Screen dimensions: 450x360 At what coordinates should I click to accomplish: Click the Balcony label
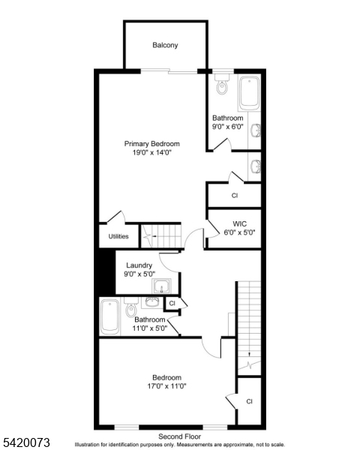[x=165, y=45]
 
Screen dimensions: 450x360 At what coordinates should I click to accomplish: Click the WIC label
[x=240, y=223]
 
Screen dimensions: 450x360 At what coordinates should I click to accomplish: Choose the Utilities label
[x=118, y=236]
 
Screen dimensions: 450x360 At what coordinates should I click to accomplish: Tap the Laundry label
[x=139, y=265]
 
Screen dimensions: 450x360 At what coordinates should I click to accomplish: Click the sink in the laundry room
[x=162, y=287]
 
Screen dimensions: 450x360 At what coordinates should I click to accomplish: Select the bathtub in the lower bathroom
[x=109, y=318]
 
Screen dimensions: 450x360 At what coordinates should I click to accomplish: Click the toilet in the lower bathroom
[x=132, y=310]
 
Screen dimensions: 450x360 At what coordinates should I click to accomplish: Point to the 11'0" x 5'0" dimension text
[x=150, y=328]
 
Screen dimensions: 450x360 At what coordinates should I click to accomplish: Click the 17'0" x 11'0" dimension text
[x=166, y=386]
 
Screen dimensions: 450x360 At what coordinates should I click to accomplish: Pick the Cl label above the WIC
[x=235, y=195]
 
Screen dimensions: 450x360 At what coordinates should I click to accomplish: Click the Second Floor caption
[x=179, y=436]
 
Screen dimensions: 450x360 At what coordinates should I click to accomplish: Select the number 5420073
[x=25, y=442]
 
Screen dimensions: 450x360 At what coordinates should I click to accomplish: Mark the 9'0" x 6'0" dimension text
[x=227, y=127]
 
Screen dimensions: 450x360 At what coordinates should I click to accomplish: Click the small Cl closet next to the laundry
[x=172, y=303]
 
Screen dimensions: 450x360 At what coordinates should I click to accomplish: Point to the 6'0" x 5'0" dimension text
[x=240, y=232]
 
